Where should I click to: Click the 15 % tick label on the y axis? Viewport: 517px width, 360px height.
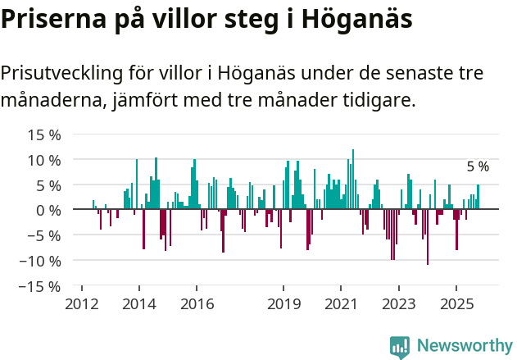click(x=44, y=134)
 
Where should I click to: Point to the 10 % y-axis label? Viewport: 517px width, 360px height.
click(x=44, y=160)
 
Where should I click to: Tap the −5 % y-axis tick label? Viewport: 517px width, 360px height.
click(x=44, y=236)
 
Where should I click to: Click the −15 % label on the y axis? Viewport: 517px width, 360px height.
click(x=41, y=287)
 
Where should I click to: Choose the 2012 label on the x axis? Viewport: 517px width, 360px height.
click(x=81, y=303)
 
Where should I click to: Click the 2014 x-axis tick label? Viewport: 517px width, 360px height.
click(x=139, y=303)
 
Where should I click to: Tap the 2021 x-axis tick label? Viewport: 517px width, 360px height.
click(x=341, y=303)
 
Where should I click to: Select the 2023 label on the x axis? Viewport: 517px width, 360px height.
click(x=398, y=303)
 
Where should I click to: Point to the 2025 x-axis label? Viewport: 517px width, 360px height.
click(x=456, y=303)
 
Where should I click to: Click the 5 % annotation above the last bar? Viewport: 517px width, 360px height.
click(x=478, y=166)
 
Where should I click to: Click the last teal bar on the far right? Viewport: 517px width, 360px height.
click(x=478, y=197)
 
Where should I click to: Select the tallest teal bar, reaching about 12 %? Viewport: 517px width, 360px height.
click(x=353, y=180)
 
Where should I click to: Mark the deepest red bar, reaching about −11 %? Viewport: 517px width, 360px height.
click(x=428, y=237)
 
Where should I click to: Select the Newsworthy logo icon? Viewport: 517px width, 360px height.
click(x=400, y=346)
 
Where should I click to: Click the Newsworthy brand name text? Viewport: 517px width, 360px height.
click(x=465, y=346)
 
